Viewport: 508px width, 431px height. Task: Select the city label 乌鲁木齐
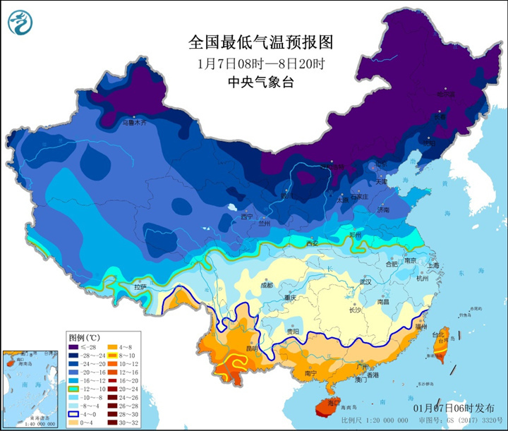coord(134,123)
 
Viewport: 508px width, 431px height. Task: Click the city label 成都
coord(266,286)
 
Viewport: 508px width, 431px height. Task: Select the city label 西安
coord(313,243)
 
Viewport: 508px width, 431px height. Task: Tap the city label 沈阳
coord(428,143)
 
